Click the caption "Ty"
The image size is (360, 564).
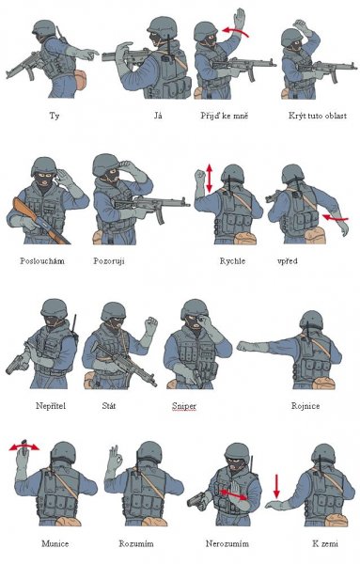55,116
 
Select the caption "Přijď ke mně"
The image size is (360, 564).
225,116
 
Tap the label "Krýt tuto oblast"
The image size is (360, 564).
318,116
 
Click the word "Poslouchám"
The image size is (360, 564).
42,260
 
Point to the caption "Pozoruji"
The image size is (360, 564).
109,260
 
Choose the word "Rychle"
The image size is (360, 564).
232,260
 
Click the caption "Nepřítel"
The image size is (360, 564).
51,406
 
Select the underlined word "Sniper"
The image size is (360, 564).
184,406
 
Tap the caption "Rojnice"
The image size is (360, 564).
305,406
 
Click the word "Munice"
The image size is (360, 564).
55,543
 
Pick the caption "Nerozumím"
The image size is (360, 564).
227,543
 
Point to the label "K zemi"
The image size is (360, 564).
325,543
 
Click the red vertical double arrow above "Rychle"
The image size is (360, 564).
210,178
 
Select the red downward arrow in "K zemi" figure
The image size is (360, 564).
276,486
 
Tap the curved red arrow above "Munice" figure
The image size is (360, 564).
24,446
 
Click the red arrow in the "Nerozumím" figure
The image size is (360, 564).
233,494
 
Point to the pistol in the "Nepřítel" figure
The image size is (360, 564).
17,365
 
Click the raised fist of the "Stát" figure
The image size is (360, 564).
150,325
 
